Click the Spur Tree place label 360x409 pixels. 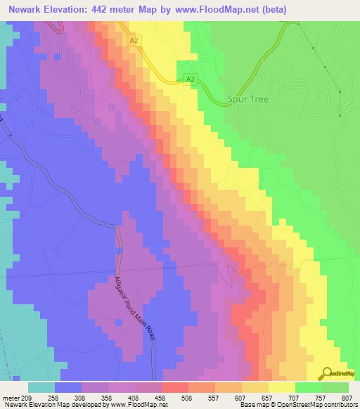[x=248, y=100]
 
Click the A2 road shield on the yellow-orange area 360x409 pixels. [x=134, y=41]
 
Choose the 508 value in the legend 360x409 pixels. [x=188, y=397]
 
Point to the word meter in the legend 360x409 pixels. [x=11, y=397]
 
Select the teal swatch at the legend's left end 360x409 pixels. [x=41, y=387]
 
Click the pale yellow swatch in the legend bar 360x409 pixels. [x=282, y=387]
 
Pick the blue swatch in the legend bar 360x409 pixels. [x=68, y=387]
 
